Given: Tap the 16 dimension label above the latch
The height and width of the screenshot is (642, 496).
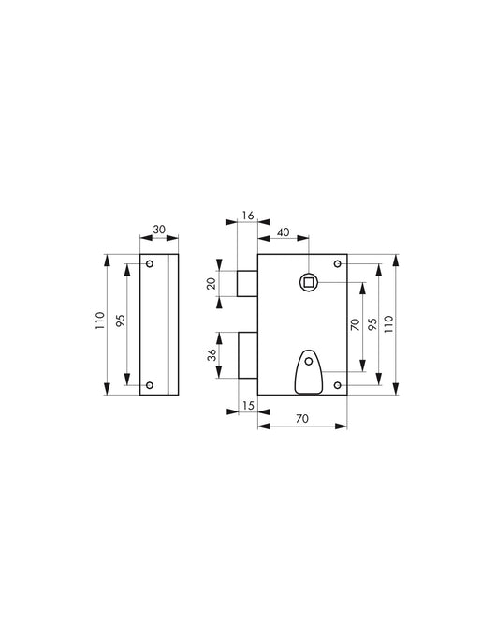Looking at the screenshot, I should pos(248,216).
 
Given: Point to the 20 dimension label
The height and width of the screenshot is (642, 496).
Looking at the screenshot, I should pos(212,283).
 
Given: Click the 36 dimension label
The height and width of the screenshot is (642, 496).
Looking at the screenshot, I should pos(212,355).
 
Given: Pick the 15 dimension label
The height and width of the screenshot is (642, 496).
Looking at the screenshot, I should pos(247,405).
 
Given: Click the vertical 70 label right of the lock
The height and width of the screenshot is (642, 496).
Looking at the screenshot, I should pos(356,326).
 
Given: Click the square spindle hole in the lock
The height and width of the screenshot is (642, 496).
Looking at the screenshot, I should pos(307,281).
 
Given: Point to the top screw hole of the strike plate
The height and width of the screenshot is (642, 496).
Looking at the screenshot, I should pos(150,265).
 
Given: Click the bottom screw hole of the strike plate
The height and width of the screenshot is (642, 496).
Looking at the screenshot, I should pos(150,384).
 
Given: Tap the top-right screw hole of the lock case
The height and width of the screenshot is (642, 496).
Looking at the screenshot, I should pos(337,264).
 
